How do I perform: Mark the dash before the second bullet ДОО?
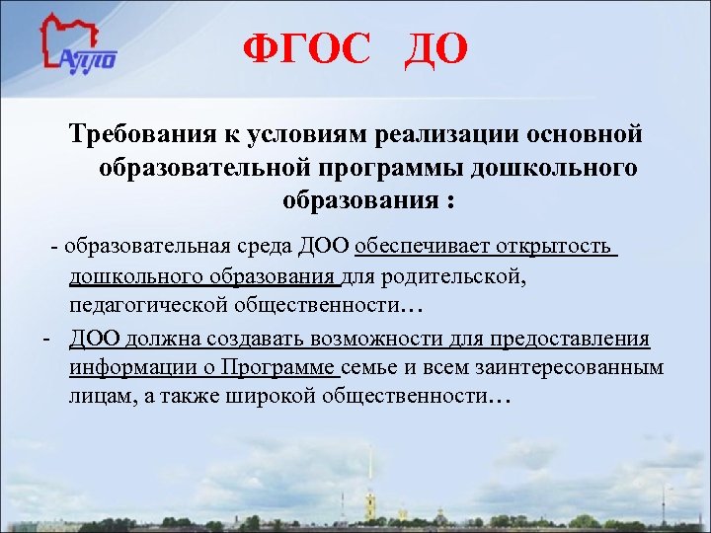click(x=46, y=339)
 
